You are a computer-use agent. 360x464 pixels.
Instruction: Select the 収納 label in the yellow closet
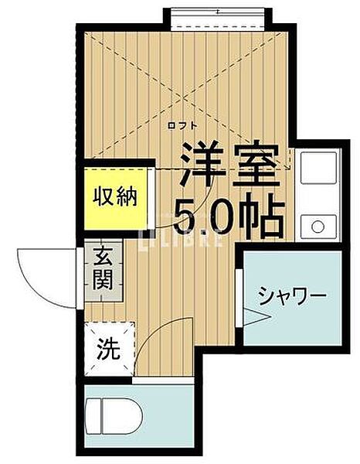tap(116, 197)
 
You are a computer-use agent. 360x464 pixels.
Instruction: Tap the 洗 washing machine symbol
tap(107, 350)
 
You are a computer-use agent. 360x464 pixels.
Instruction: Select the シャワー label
tap(293, 295)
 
